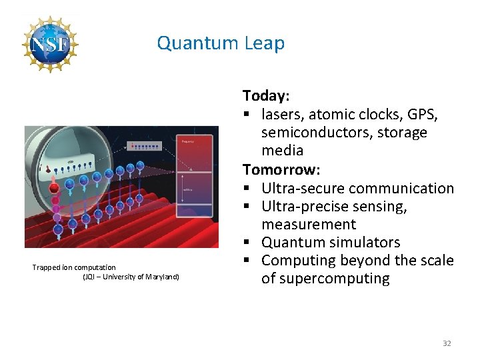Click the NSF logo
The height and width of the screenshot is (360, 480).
point(50,44)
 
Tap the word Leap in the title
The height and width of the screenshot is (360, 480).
point(265,44)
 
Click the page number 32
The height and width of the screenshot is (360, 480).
point(447,343)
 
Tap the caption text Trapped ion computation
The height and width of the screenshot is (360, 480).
point(74,267)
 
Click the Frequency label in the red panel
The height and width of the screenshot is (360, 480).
point(187,141)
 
